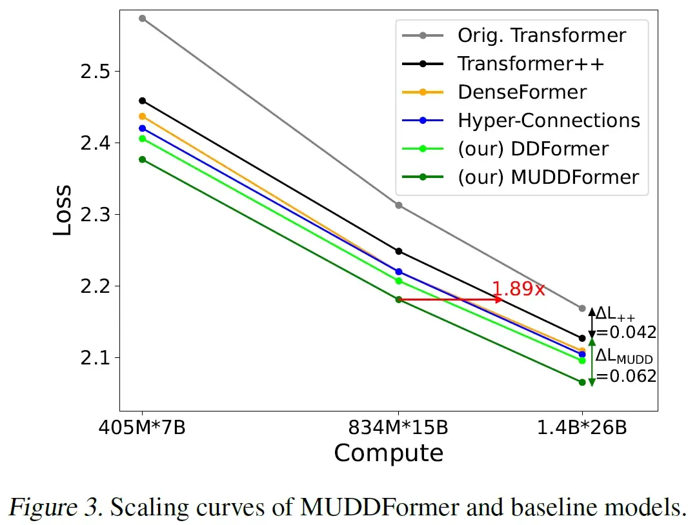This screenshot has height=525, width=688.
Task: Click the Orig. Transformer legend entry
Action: coord(541,35)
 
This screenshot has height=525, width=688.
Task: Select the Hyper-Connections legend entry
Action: coord(549,120)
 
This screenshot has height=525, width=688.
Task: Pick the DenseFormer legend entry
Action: coord(522,92)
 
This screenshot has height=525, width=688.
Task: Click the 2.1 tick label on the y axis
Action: coord(96,357)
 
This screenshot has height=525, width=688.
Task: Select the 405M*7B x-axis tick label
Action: coord(143,427)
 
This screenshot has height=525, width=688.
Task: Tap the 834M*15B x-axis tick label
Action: coord(398,427)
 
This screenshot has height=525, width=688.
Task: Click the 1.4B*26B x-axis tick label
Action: coord(582,427)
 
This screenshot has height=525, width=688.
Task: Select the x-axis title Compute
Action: coord(389,453)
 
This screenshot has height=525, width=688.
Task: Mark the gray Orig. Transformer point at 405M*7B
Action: coord(143,18)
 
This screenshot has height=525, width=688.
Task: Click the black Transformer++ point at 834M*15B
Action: coord(398,251)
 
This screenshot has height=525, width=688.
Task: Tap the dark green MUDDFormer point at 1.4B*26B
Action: coord(582,382)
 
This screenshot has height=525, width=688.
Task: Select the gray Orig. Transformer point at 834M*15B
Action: coord(398,205)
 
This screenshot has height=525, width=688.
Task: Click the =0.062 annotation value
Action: coord(625,376)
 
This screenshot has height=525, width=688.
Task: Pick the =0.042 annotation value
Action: coord(625,332)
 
